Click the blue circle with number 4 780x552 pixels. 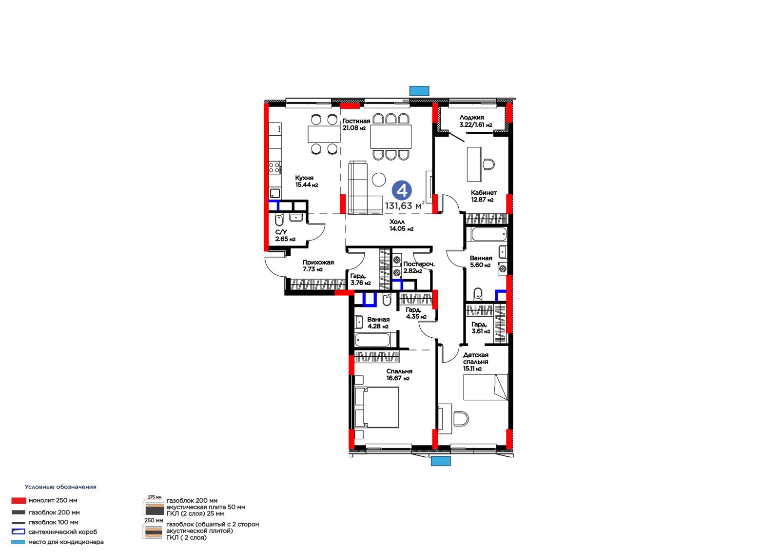pos(402,190)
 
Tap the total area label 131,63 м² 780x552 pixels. pos(405,206)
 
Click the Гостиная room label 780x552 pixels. pos(356,121)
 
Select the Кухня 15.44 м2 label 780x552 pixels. pos(307,182)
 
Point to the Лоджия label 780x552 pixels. pos(471,118)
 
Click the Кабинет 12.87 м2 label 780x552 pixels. pos(484,196)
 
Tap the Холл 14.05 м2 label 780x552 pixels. pos(401,225)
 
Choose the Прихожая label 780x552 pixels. pos(318,262)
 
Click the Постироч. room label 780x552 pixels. pos(419,264)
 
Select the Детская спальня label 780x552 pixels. pos(476,358)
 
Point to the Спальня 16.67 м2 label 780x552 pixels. pos(399,374)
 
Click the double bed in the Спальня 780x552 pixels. pos(377,407)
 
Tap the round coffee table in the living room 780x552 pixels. pos(378,180)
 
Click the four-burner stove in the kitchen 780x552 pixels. pos(274,167)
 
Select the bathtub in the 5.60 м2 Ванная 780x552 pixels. pos(488,235)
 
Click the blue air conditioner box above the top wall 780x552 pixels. pos(419,91)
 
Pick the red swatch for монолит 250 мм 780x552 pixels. pos(19,501)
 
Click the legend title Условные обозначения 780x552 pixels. pos(60,487)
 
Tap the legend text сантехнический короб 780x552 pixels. pos(63,532)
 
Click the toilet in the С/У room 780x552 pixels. pos(279,220)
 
